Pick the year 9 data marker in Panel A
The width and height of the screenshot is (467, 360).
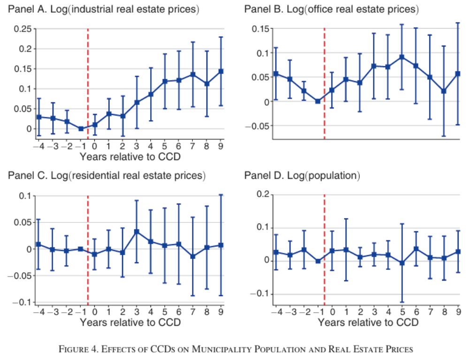[221, 71]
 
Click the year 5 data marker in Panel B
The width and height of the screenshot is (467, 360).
[402, 57]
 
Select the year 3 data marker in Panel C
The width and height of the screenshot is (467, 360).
[137, 231]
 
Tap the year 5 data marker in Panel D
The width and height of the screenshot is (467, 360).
[402, 263]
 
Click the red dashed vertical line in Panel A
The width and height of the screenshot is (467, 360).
[88, 84]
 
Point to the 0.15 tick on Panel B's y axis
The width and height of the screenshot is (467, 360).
[260, 29]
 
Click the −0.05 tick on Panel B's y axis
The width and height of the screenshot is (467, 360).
[258, 126]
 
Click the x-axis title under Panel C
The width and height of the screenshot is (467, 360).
[130, 322]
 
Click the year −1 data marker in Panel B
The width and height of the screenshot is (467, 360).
[318, 101]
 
